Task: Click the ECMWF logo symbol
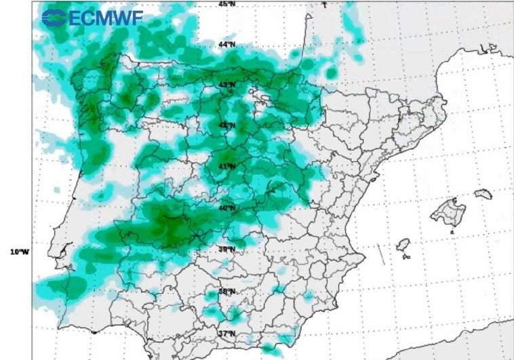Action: pos(54,18)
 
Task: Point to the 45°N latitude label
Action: pos(226,3)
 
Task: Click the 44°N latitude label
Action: pos(226,44)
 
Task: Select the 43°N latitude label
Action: pos(226,85)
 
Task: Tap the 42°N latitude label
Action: pos(226,125)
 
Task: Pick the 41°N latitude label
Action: pos(226,166)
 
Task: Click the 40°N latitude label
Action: pos(226,208)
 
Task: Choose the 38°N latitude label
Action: pos(226,292)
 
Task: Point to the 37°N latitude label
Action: pos(226,333)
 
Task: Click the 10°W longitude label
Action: pos(20,252)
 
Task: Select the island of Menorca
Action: pos(483,194)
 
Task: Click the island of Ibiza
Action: pos(403,244)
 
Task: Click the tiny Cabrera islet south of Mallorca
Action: pos(452,232)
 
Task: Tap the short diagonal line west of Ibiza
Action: pos(380,255)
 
